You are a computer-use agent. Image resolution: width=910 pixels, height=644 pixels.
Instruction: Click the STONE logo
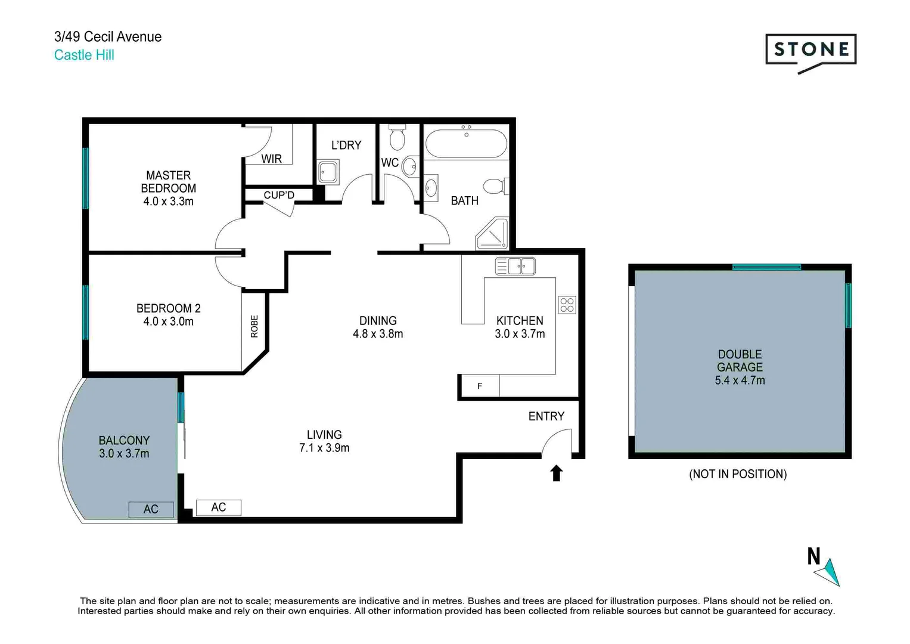[810, 50]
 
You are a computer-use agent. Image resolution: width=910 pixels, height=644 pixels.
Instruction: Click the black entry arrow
[556, 473]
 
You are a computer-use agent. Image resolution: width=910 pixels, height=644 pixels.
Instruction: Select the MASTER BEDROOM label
[168, 182]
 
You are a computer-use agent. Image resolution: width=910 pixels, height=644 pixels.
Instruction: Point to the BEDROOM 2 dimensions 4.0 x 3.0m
[168, 322]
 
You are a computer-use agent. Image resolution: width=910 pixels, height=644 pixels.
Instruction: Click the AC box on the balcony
[151, 509]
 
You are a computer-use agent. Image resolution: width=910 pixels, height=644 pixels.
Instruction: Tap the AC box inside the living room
[219, 507]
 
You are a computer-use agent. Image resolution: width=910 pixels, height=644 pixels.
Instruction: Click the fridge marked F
[479, 386]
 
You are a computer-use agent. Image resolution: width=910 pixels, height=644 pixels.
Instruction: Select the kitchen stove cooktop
[567, 305]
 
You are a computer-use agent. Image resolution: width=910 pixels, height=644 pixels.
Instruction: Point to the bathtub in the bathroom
[466, 144]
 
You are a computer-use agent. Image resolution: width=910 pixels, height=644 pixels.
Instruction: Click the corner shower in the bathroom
[493, 234]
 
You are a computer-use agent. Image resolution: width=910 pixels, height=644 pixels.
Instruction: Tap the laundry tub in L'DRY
[328, 172]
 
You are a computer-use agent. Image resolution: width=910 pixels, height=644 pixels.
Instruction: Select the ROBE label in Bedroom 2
[254, 326]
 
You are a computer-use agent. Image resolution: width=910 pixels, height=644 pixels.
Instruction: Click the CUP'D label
[279, 195]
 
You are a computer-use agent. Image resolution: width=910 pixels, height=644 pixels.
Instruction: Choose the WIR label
[272, 159]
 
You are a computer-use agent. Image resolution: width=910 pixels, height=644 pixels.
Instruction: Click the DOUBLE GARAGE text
[740, 361]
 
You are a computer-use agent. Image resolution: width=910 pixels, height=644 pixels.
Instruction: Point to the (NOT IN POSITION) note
[738, 474]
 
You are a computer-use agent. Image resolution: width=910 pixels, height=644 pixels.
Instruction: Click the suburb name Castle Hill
[84, 55]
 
